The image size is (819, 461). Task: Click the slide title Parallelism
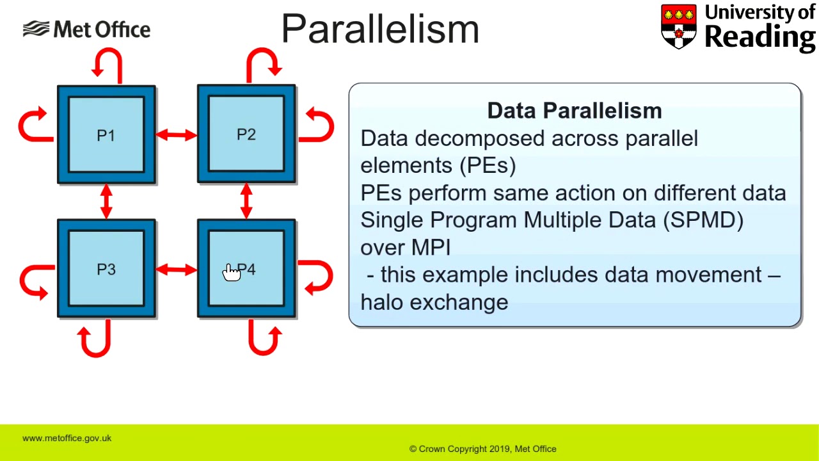click(380, 29)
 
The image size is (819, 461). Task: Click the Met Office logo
click(86, 29)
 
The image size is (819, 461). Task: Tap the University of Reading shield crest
click(678, 26)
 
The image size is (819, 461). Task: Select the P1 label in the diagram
click(106, 136)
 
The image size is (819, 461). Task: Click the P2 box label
click(246, 134)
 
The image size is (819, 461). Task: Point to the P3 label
click(106, 270)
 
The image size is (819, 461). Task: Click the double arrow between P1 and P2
click(176, 135)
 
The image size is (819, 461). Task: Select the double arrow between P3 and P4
click(176, 270)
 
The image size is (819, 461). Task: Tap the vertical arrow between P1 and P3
click(106, 201)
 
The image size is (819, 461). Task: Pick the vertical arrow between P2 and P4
click(246, 201)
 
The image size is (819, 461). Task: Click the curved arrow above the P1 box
click(107, 65)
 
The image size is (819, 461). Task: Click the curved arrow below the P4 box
click(264, 338)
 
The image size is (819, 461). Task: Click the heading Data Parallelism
click(574, 111)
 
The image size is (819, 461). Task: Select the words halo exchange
click(434, 302)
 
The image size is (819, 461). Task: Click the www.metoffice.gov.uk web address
click(67, 438)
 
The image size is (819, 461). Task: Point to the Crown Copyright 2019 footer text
click(482, 449)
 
